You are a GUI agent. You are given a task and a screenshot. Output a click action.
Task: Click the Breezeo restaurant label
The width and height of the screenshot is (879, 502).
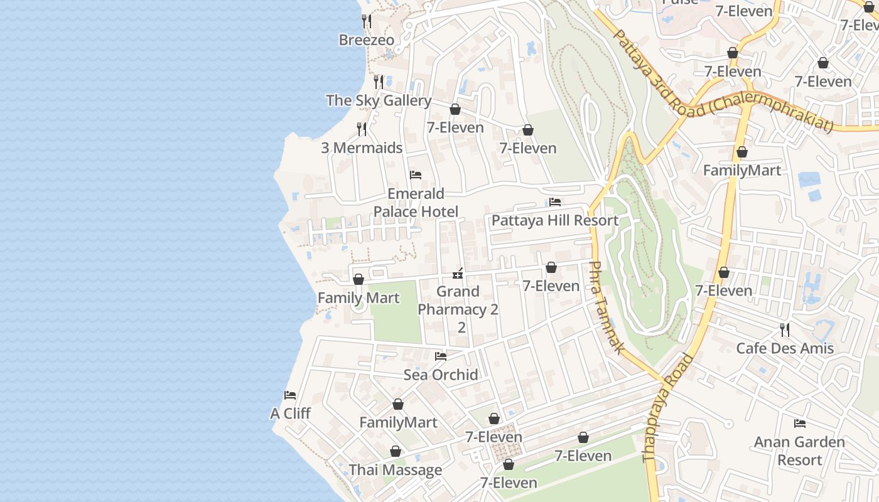[x=367, y=40]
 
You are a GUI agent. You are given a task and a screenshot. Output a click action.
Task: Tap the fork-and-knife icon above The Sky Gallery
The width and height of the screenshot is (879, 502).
[x=379, y=82]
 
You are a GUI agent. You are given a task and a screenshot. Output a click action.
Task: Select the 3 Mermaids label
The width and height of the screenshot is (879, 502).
[x=362, y=148]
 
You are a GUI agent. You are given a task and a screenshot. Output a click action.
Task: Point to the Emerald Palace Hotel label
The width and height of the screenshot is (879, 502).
[x=416, y=203]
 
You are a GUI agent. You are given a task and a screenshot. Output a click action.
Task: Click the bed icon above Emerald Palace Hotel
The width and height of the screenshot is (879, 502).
[x=415, y=175]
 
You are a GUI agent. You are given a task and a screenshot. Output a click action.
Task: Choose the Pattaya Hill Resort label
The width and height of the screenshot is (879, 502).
[x=554, y=220]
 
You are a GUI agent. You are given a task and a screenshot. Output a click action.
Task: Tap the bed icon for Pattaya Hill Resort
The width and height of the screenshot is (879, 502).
[x=555, y=202]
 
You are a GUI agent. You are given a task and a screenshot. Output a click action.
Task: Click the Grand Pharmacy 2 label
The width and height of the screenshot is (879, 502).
[x=458, y=301]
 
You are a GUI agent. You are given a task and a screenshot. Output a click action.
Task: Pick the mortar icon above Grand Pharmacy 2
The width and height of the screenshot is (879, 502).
[x=458, y=274]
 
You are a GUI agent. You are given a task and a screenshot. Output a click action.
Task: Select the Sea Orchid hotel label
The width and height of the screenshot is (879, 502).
[x=441, y=375]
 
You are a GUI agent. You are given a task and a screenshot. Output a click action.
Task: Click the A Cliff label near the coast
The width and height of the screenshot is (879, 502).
[x=290, y=414]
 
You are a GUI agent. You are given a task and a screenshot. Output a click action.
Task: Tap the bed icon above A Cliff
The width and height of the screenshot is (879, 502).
[x=289, y=395]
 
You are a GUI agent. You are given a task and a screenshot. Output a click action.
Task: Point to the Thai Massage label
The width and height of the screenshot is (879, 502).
[x=396, y=470]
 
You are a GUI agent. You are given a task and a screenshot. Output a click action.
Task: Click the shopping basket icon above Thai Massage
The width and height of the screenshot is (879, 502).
[x=396, y=451]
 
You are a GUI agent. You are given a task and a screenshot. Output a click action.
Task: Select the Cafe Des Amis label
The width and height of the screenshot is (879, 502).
[x=785, y=348]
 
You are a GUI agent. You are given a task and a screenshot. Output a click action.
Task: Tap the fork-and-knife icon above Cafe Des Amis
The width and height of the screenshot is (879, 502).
[x=784, y=329]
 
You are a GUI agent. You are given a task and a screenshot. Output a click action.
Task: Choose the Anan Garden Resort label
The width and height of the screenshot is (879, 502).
[x=799, y=451]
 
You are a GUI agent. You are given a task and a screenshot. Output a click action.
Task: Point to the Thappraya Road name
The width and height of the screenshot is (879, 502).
[x=667, y=409]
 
